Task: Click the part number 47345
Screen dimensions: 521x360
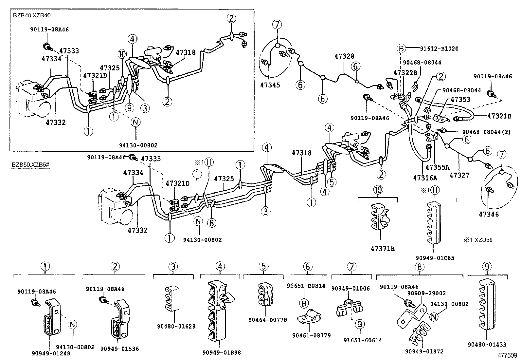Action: pyautogui.click(x=270, y=85)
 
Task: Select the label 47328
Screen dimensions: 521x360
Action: pyautogui.click(x=345, y=56)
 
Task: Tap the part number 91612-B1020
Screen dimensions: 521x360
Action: pyautogui.click(x=439, y=49)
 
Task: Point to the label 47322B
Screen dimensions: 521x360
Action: pyautogui.click(x=405, y=73)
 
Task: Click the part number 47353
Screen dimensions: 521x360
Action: pyautogui.click(x=460, y=100)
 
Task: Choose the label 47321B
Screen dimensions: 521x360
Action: pyautogui.click(x=499, y=116)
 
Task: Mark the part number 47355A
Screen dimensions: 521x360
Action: pyautogui.click(x=438, y=167)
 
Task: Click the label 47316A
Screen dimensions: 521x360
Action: pyautogui.click(x=425, y=178)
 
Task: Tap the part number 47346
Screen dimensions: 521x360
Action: pyautogui.click(x=489, y=214)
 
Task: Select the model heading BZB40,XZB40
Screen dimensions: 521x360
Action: pyautogui.click(x=32, y=15)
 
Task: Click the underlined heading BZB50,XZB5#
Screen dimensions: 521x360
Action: pyautogui.click(x=31, y=165)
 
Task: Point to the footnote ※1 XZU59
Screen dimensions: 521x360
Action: pyautogui.click(x=478, y=240)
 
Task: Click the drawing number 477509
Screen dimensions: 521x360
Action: pyautogui.click(x=507, y=355)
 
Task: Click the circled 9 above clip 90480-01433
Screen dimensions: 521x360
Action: pyautogui.click(x=487, y=266)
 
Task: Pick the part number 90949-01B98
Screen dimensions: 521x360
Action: pyautogui.click(x=222, y=352)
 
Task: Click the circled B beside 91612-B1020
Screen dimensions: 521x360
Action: pyautogui.click(x=401, y=49)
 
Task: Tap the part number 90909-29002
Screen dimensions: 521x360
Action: pyautogui.click(x=426, y=294)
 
